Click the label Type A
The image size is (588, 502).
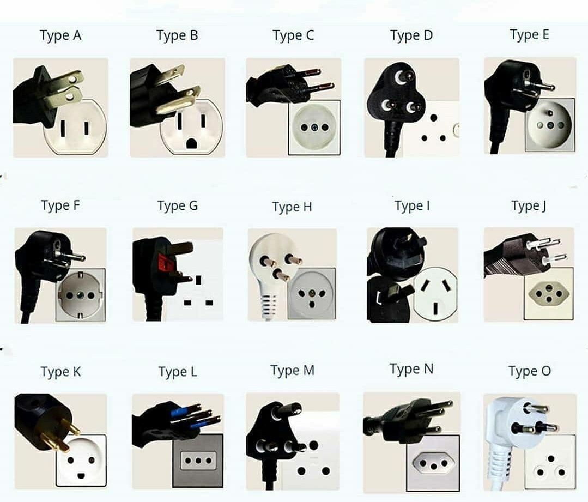pyautogui.click(x=60, y=36)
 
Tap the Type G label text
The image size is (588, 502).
pyautogui.click(x=177, y=206)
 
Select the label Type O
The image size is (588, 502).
pyautogui.click(x=529, y=372)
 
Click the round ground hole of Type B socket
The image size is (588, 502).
pyautogui.click(x=191, y=143)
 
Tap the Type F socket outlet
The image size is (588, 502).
pyautogui.click(x=80, y=295)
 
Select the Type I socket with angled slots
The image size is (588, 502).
pyautogui.click(x=435, y=295)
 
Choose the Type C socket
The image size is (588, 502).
pyautogui.click(x=314, y=128)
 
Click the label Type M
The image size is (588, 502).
pyautogui.click(x=292, y=371)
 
